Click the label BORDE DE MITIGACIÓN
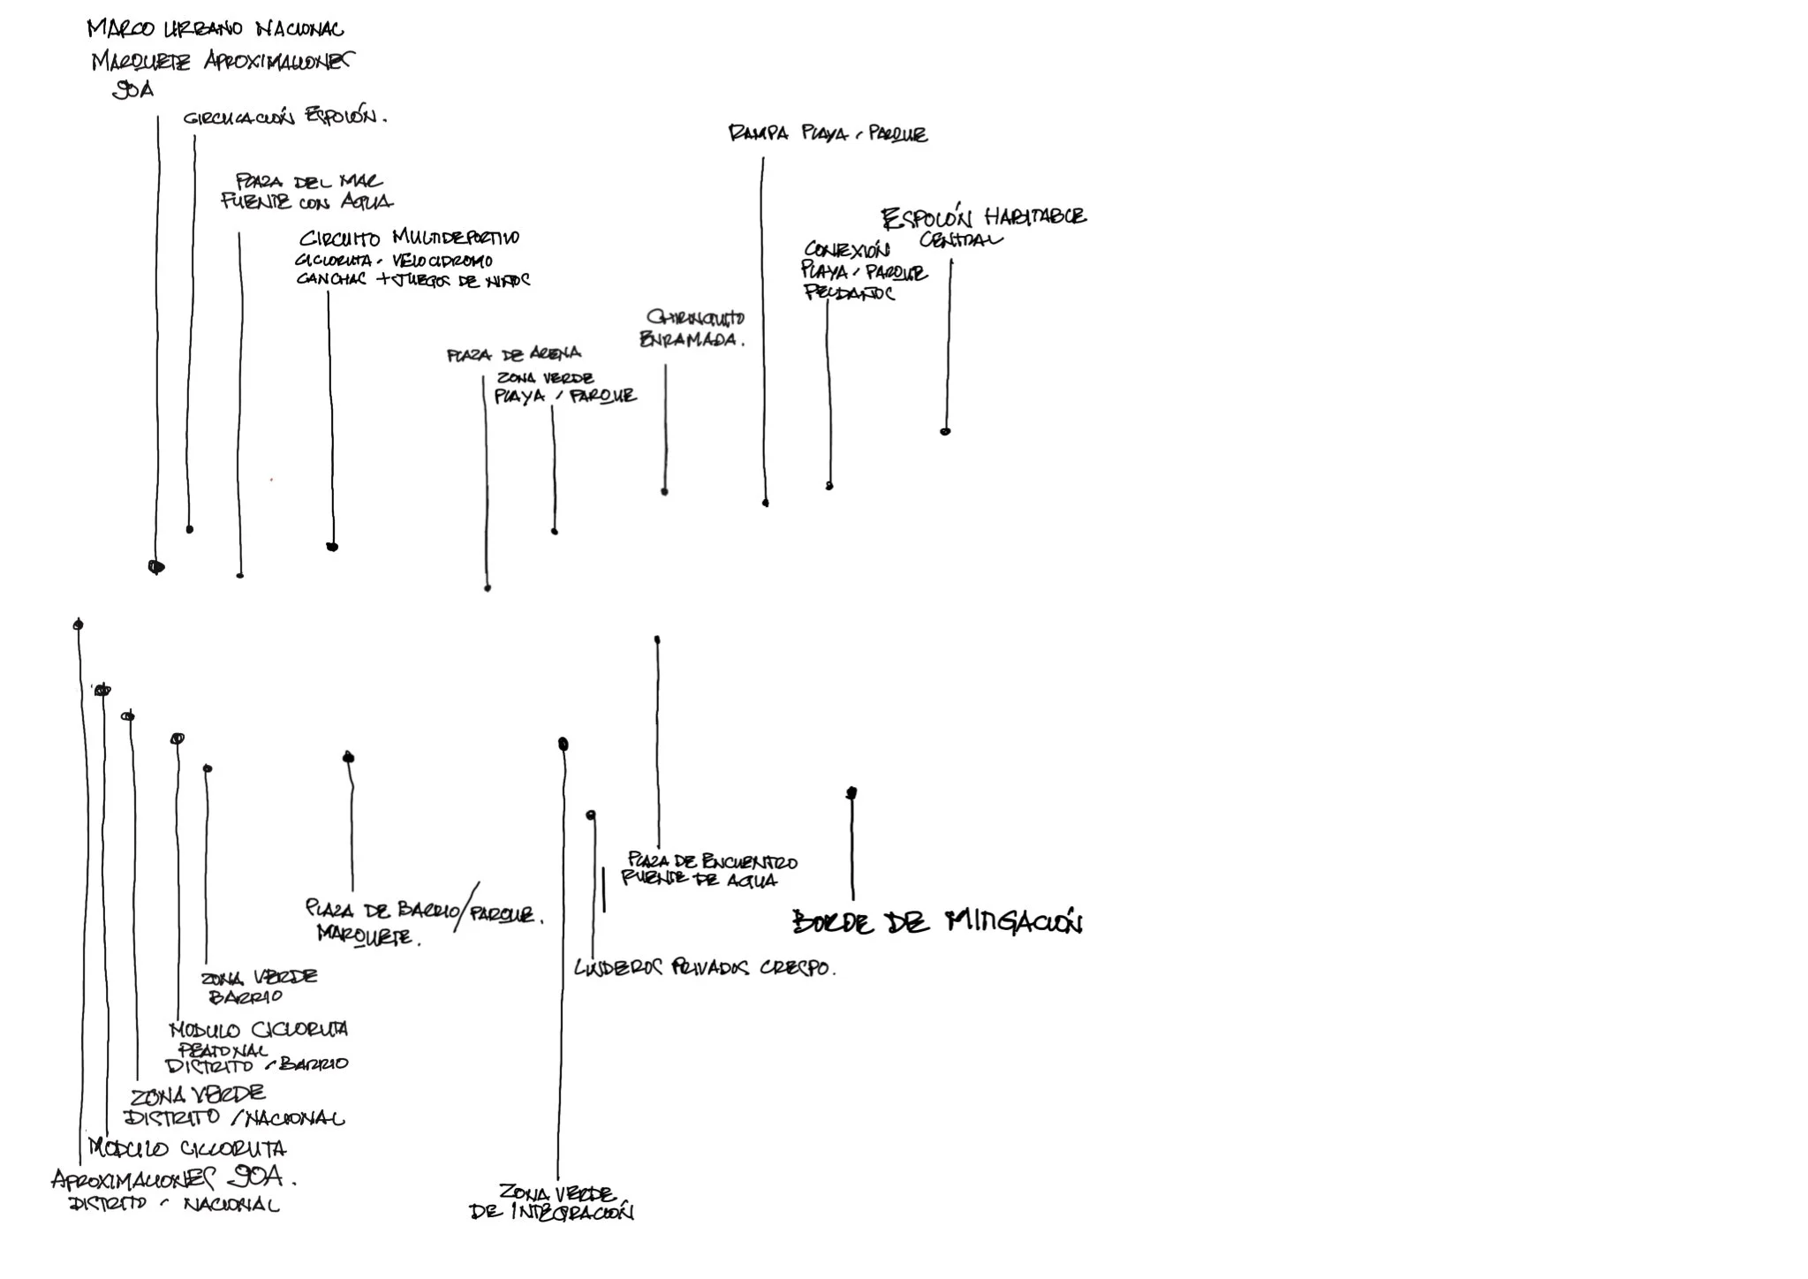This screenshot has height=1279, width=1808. tap(937, 922)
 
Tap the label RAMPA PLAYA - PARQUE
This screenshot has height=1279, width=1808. tap(828, 134)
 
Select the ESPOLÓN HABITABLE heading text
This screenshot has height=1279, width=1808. tap(983, 217)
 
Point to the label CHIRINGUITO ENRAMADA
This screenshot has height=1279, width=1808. tap(692, 329)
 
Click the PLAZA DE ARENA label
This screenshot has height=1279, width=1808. tap(513, 355)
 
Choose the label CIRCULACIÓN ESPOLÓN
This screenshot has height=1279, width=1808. tap(284, 117)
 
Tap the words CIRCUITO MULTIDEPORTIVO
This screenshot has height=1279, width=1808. tap(409, 238)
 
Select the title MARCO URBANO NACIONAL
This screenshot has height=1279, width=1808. tap(216, 29)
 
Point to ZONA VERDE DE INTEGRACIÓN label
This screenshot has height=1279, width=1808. tap(553, 1202)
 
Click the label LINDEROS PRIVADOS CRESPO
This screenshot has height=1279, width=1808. tap(704, 968)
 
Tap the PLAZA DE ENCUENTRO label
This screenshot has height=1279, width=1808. tap(712, 861)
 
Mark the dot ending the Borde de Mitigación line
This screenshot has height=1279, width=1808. tap(851, 793)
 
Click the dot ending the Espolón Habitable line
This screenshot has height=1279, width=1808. tap(945, 431)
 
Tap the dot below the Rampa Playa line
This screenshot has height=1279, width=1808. tap(766, 503)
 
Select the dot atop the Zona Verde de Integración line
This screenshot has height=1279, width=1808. tap(563, 745)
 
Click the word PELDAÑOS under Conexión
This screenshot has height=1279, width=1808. tap(849, 293)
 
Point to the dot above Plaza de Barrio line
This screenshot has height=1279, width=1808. tap(349, 757)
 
